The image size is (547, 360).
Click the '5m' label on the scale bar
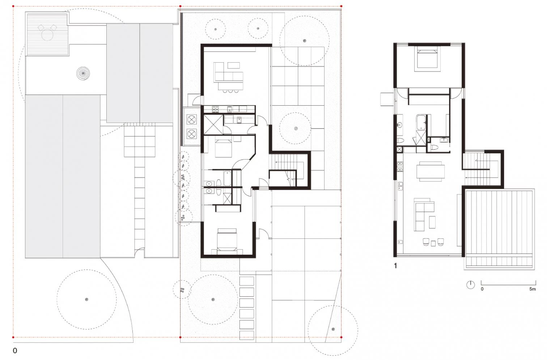point(533,289)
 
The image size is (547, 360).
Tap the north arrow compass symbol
point(471,285)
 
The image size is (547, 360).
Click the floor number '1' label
point(396,266)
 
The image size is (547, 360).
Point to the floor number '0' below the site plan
point(15,351)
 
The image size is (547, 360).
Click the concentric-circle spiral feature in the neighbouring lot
point(83,73)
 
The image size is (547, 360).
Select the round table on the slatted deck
point(47,34)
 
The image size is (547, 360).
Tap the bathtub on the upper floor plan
point(421,122)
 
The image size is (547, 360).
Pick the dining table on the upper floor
point(431,171)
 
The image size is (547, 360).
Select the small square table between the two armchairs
point(433,243)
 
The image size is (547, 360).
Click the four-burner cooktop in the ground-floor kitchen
point(215,109)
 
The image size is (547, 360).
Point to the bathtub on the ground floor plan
point(227,178)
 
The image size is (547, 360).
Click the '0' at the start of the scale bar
point(482,289)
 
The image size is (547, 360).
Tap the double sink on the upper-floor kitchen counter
point(400,186)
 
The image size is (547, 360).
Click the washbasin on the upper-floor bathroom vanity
point(399,124)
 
